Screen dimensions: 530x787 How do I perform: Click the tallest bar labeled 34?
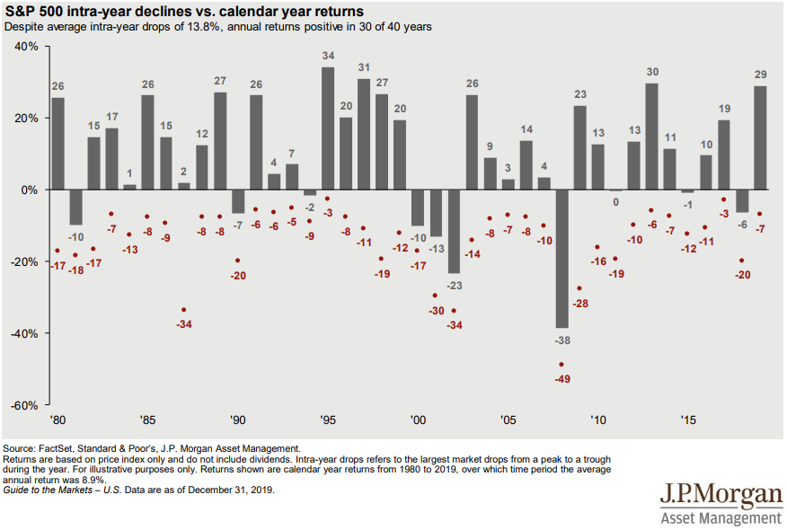[x=328, y=128]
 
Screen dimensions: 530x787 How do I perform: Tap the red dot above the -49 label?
[x=562, y=365]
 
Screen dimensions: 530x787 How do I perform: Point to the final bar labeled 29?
[x=760, y=137]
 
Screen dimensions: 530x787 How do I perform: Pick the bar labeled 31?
[x=364, y=134]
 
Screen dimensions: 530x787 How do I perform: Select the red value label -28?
[x=579, y=304]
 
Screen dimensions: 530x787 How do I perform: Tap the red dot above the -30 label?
[x=436, y=296]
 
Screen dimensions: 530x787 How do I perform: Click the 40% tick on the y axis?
[x=25, y=46]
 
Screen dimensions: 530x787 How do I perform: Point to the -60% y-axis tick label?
[x=23, y=405]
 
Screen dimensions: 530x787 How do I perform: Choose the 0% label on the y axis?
[x=29, y=190]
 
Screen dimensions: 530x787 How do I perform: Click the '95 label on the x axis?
[x=329, y=420]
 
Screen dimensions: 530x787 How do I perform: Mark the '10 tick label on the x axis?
[x=598, y=420]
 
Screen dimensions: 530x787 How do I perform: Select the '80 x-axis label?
[x=57, y=420]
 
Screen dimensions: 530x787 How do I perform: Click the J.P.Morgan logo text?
[x=721, y=495]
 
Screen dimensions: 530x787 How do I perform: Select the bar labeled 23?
[x=579, y=147]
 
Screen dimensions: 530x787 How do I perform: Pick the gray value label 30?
[x=652, y=72]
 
